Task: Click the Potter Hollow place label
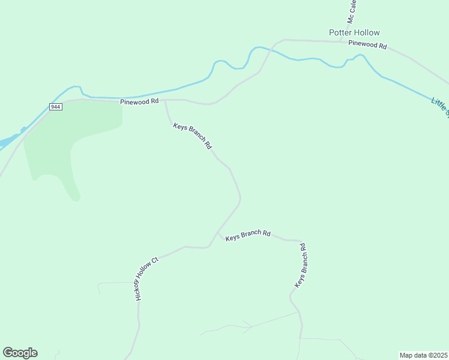pyautogui.click(x=354, y=32)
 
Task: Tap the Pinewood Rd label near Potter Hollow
pyautogui.click(x=367, y=44)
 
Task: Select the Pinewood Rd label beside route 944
pyautogui.click(x=139, y=101)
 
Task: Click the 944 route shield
pyautogui.click(x=55, y=107)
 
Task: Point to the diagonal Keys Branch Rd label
pyautogui.click(x=193, y=136)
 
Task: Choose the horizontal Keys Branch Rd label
pyautogui.click(x=248, y=235)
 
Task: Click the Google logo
pyautogui.click(x=20, y=353)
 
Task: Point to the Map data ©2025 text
pyautogui.click(x=423, y=355)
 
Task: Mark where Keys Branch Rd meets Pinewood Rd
pyautogui.click(x=166, y=100)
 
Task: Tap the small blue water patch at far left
pyautogui.click(x=7, y=142)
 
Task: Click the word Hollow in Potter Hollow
pyautogui.click(x=367, y=32)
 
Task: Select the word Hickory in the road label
pyautogui.click(x=140, y=289)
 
